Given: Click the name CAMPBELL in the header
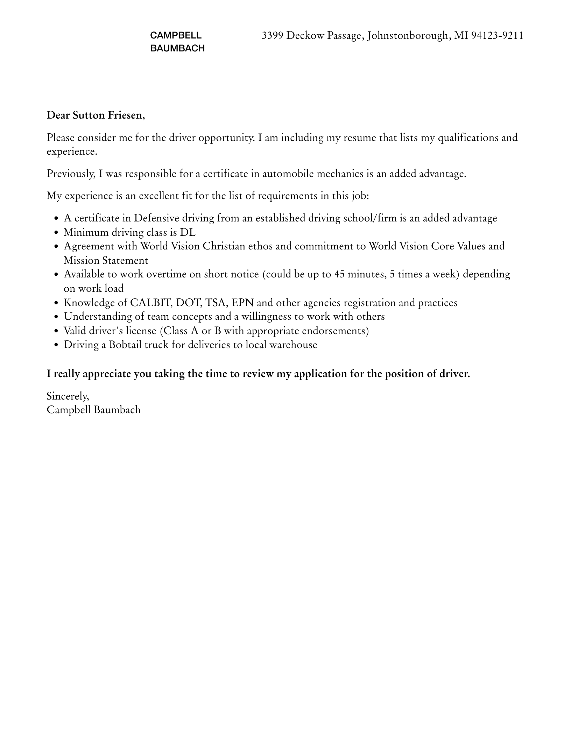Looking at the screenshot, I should tap(176, 35).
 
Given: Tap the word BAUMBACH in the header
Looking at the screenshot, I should tap(177, 49).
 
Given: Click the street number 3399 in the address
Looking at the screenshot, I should tap(273, 36).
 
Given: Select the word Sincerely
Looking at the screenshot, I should tap(68, 396).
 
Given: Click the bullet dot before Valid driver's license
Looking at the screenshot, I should tap(57, 331).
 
